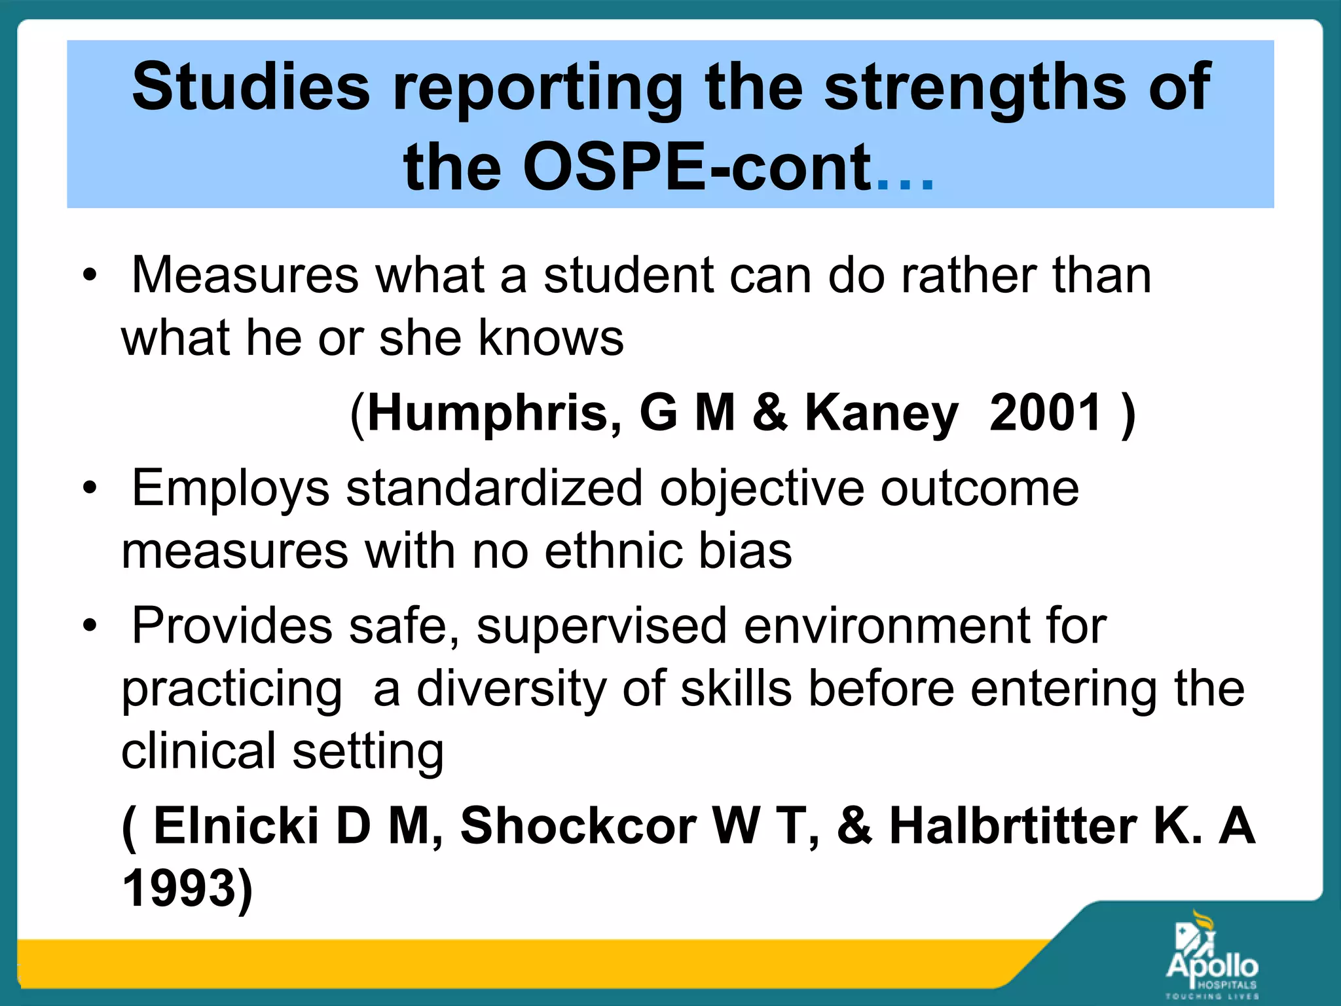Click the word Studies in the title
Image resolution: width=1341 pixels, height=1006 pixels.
click(251, 87)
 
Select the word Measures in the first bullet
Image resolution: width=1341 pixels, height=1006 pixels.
click(245, 275)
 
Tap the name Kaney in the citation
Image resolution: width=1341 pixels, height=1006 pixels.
click(881, 414)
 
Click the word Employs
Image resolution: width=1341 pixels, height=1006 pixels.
click(230, 489)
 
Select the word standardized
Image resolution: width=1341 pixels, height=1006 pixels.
click(494, 488)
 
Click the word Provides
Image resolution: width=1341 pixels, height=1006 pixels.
click(232, 625)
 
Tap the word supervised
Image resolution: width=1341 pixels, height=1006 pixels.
click(602, 627)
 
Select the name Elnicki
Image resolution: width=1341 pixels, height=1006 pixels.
click(236, 825)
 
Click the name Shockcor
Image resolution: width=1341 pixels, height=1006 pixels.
click(578, 825)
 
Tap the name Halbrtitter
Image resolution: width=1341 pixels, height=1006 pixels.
click(1013, 825)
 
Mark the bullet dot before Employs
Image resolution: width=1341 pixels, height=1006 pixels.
click(90, 488)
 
